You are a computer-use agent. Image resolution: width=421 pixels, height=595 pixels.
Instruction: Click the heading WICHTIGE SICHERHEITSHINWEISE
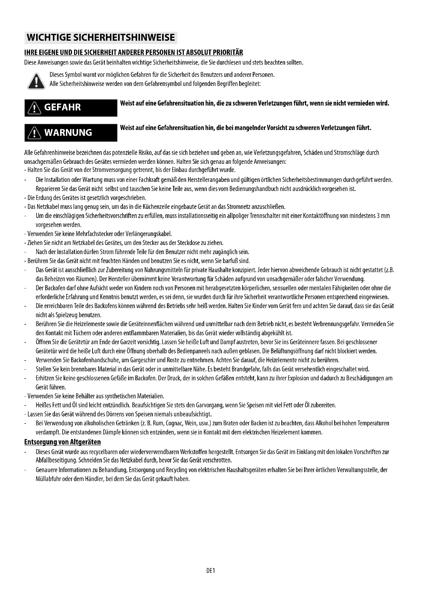101,38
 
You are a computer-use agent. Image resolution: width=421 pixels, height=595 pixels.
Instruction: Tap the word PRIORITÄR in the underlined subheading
228,53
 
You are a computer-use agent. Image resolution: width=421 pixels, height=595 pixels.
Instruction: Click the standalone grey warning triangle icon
36,81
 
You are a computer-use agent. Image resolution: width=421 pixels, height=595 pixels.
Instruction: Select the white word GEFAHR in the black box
62,107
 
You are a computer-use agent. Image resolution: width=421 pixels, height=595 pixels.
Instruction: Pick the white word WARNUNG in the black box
68,133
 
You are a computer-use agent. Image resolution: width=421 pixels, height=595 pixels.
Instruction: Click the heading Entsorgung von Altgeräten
62,442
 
